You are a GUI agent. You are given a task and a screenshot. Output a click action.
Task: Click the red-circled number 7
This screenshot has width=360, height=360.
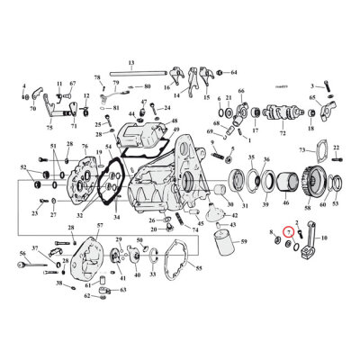[287, 233]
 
